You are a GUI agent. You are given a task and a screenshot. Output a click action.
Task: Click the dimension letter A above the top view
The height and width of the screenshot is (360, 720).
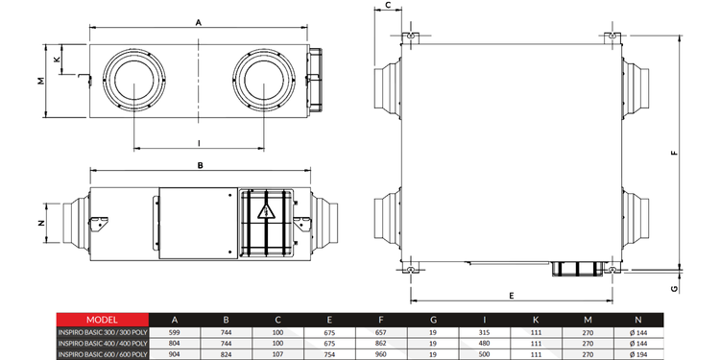[x=198, y=20]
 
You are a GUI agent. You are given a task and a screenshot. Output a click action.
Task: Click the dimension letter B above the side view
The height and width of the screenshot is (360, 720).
[x=199, y=165]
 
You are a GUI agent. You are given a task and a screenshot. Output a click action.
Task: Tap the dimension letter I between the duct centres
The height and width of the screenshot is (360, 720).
[x=198, y=143]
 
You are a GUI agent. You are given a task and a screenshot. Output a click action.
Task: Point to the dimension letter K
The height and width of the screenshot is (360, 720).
[x=57, y=59]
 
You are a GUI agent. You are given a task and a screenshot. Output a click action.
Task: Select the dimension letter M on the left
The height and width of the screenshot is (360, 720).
[x=40, y=81]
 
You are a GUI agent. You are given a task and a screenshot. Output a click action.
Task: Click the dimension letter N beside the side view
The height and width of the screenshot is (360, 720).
[x=40, y=223]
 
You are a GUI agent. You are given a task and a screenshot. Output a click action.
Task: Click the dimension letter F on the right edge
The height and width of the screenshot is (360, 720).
[x=675, y=152]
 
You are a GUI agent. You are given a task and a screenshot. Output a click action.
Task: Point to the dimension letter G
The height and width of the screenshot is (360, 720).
[x=675, y=285]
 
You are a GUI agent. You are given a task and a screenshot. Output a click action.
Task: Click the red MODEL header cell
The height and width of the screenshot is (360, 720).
[x=102, y=320]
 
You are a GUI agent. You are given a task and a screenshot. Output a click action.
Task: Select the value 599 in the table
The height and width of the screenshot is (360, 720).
[x=174, y=331]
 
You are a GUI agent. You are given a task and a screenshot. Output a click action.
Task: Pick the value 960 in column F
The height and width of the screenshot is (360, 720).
[x=381, y=353]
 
